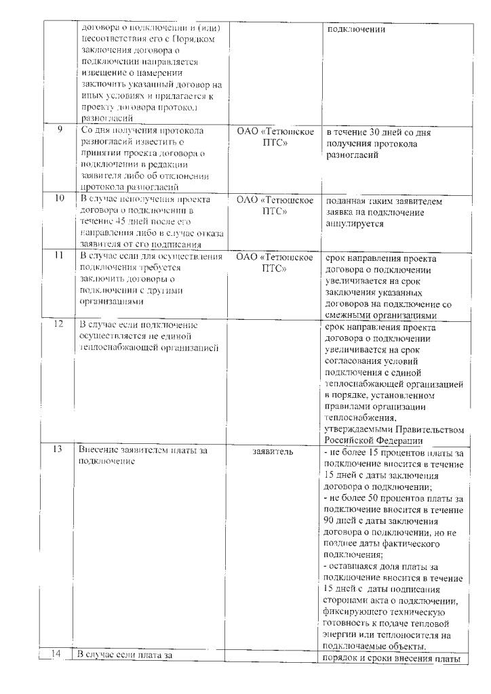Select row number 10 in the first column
[x=59, y=198]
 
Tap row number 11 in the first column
[x=60, y=256]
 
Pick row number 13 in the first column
[x=59, y=450]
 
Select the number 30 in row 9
[x=387, y=132]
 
